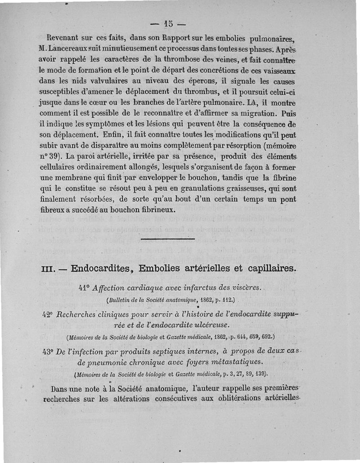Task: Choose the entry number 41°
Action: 84,288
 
